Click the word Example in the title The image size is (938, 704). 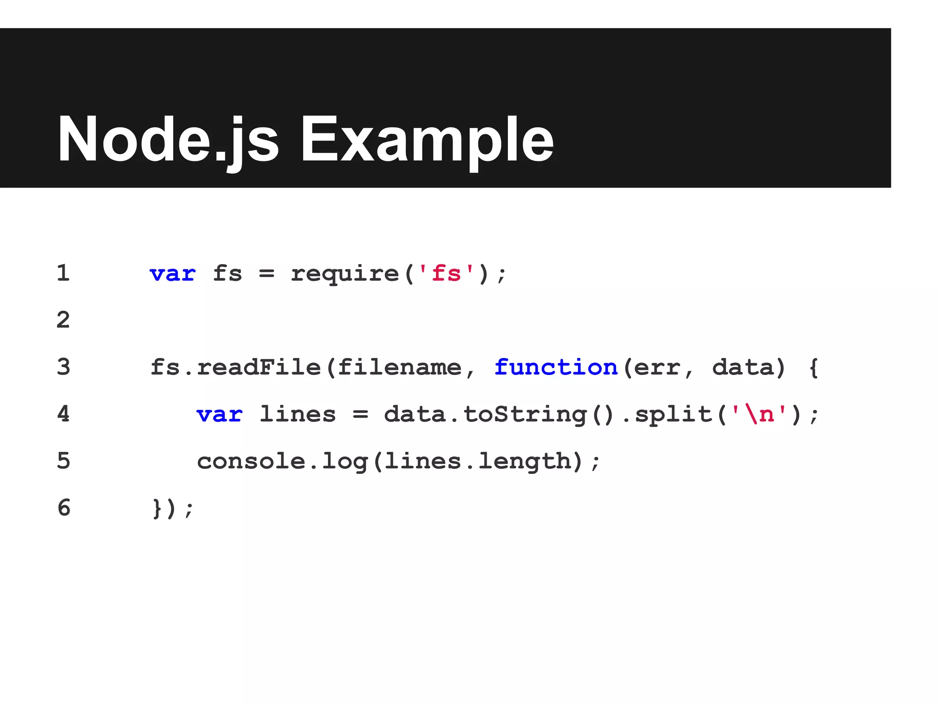click(x=427, y=139)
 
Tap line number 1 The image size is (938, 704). click(x=63, y=273)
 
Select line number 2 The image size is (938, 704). click(x=63, y=320)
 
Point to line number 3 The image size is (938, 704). click(x=63, y=367)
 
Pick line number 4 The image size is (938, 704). click(x=63, y=414)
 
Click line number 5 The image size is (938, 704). click(x=63, y=461)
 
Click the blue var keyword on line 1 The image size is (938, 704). click(x=173, y=274)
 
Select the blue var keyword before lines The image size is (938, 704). click(x=219, y=415)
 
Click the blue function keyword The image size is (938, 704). click(x=556, y=367)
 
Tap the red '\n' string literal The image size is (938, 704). click(x=759, y=414)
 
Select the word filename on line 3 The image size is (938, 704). click(x=399, y=367)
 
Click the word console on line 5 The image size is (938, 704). click(x=251, y=461)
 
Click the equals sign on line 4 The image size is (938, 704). click(x=360, y=415)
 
